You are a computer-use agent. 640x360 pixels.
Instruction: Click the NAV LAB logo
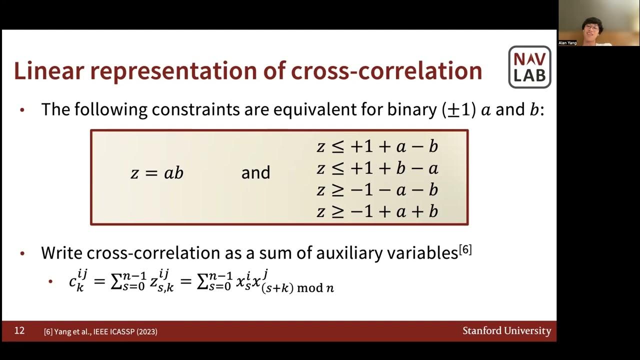coord(529,67)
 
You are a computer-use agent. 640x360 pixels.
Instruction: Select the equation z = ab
coord(157,173)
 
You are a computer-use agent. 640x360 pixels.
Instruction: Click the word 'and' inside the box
coord(255,173)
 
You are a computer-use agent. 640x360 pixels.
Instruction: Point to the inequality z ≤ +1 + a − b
coord(377,146)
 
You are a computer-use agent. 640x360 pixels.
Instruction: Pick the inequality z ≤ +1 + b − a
coord(377,168)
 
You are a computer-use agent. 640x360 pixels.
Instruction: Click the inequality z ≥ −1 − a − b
coord(377,190)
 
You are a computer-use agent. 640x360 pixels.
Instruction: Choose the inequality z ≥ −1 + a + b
coord(377,211)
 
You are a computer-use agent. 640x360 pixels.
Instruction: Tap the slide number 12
coord(19,330)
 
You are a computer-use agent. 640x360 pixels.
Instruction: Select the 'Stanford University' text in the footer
coord(506,331)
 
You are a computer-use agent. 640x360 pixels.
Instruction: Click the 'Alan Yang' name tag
coord(567,43)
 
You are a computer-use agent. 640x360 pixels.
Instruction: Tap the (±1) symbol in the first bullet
coord(458,110)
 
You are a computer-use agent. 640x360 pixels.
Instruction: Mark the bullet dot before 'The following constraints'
coord(22,110)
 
